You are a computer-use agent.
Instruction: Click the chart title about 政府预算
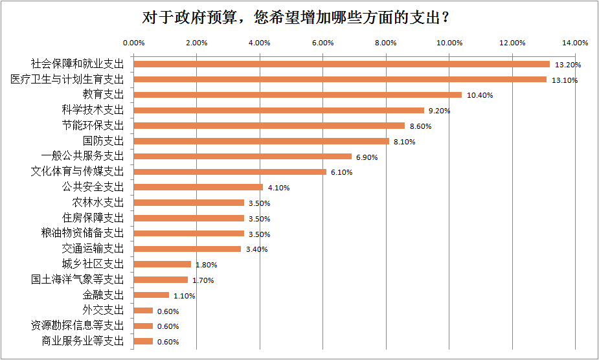click(299, 18)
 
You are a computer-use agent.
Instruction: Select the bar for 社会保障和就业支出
click(341, 64)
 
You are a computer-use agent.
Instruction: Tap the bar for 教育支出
click(297, 95)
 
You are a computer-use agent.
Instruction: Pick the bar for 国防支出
click(261, 141)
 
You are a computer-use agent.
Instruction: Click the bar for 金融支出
click(151, 295)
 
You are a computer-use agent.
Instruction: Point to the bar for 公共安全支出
click(198, 187)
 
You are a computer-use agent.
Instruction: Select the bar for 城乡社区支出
click(162, 264)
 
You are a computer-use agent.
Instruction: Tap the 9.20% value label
click(440, 111)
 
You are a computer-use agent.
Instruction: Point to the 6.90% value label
click(367, 157)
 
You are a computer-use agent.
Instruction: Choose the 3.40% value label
click(256, 249)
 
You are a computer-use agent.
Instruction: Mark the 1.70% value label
click(203, 280)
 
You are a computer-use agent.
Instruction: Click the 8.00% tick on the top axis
click(386, 43)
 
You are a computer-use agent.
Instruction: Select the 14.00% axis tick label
click(575, 43)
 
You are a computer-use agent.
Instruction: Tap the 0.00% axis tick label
click(133, 43)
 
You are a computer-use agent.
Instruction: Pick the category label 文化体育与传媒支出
click(77, 172)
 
